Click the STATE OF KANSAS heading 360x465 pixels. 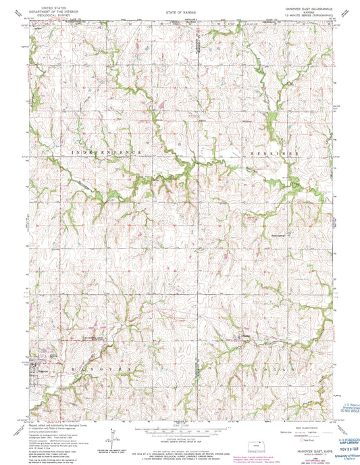click(180, 13)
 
